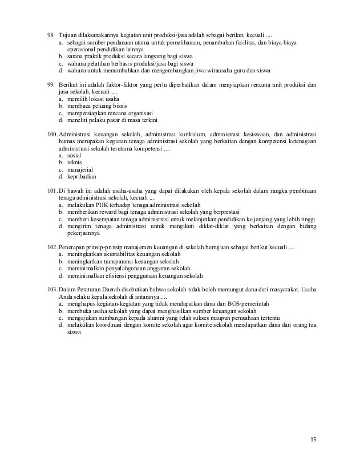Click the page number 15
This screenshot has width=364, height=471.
tap(313, 439)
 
